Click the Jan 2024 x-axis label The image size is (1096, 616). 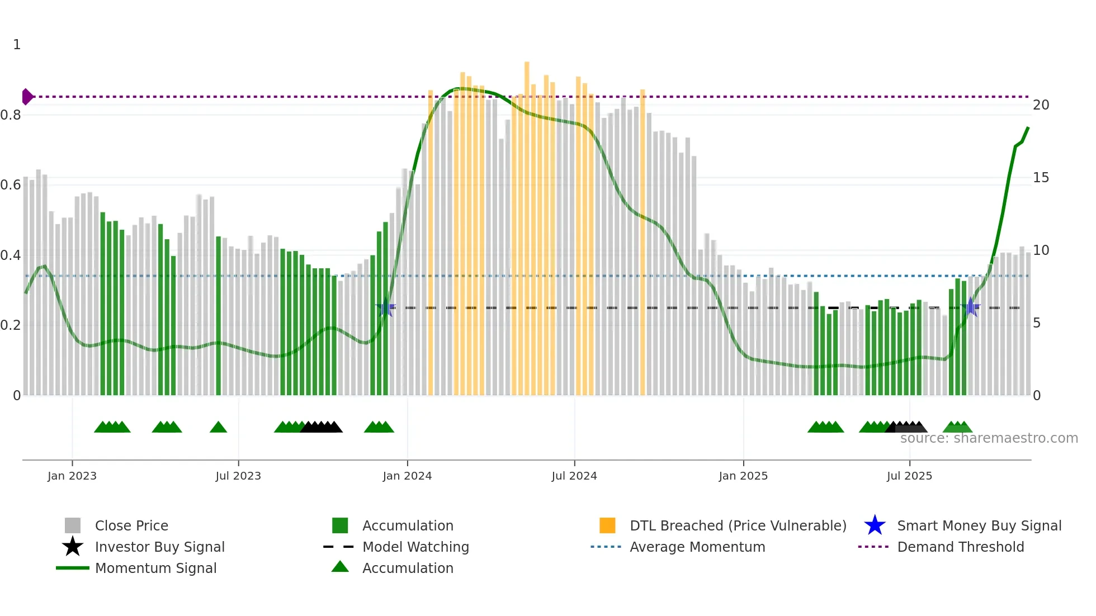(407, 476)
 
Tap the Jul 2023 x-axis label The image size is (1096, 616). (238, 476)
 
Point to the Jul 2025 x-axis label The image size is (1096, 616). (909, 476)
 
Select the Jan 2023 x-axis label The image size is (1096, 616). (72, 476)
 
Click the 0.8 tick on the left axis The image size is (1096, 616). (11, 115)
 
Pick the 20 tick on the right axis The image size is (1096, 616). (1041, 105)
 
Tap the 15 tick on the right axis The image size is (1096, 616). (1041, 178)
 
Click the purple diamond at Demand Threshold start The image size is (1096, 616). (27, 97)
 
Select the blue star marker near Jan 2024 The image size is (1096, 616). (385, 307)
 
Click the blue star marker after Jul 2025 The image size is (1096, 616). (971, 307)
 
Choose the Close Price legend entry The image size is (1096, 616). (131, 525)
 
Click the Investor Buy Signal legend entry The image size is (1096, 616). (159, 547)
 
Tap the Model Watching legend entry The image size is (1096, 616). (415, 547)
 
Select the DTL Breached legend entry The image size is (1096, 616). (738, 525)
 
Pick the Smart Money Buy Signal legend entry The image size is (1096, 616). (979, 525)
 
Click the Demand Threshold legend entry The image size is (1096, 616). (960, 547)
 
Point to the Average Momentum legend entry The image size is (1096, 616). (697, 547)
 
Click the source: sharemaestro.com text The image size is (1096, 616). (989, 438)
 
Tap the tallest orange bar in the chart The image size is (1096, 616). (527, 224)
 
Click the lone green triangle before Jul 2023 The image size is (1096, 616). (218, 428)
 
